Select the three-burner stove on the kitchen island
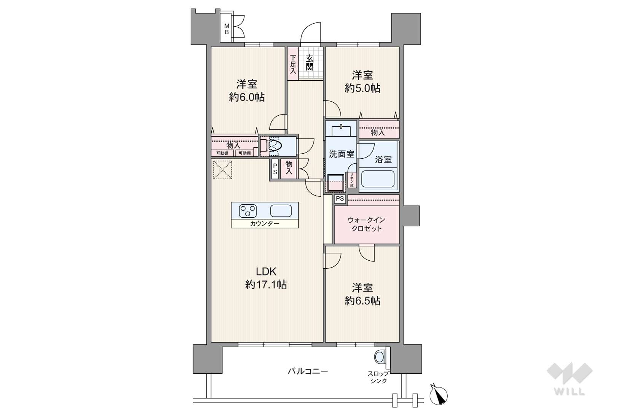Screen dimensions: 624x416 coord(247,211)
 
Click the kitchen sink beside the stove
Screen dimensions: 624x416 coord(281,211)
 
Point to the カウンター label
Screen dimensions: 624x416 coord(265,223)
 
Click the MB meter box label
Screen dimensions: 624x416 coord(227,29)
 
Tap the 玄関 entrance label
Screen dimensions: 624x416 coord(310,62)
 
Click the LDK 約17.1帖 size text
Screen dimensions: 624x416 coord(266,277)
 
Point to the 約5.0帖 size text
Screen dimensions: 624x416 coord(362,89)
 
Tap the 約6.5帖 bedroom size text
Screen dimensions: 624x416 coord(362,301)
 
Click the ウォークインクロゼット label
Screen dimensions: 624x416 coord(366,224)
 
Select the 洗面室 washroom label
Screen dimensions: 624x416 coord(341,154)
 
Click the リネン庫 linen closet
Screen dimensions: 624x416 coord(352,180)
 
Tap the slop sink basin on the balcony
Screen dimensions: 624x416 coord(379,357)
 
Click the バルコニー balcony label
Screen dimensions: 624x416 coord(308,371)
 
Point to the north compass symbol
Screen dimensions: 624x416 coord(439,395)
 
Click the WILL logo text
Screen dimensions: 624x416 coord(570,391)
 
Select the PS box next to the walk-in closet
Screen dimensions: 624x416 coord(340,199)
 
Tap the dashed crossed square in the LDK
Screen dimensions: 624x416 coord(222,170)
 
